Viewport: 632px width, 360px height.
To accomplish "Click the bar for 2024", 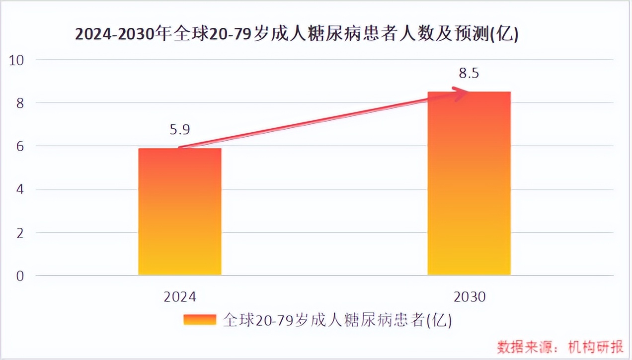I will coord(179,211).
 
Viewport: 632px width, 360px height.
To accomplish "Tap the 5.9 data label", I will coord(179,130).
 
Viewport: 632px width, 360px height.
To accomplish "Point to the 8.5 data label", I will coord(469,74).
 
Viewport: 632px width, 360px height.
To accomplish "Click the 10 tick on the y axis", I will coord(17,60).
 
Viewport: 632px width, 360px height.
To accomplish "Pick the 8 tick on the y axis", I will coord(20,103).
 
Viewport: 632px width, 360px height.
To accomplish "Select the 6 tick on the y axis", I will coord(20,147).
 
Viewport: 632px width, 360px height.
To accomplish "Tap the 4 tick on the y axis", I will coord(20,190).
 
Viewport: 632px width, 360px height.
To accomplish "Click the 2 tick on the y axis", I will coord(20,233).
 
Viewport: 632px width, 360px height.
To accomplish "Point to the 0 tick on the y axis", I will coord(20,276).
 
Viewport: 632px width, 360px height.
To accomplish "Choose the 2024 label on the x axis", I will coord(179,297).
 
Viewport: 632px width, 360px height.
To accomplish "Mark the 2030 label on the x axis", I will coord(469,297).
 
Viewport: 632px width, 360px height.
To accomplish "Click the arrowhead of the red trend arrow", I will coord(462,91).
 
